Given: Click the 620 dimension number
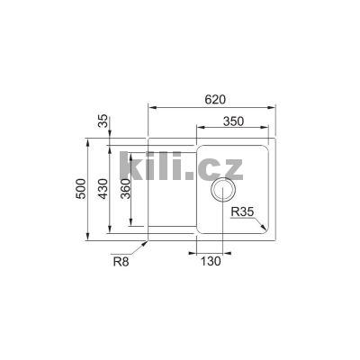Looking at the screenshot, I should click(x=214, y=97).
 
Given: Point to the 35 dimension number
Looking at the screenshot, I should click(x=103, y=120).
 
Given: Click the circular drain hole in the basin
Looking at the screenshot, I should click(x=222, y=191).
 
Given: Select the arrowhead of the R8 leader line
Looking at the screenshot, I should click(x=146, y=241).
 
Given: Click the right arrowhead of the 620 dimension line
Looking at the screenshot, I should click(x=272, y=107).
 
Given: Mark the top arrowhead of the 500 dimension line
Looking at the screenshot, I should click(x=88, y=141).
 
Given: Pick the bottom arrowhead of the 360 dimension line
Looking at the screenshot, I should click(x=132, y=223).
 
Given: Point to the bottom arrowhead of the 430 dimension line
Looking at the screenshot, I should click(x=110, y=232).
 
